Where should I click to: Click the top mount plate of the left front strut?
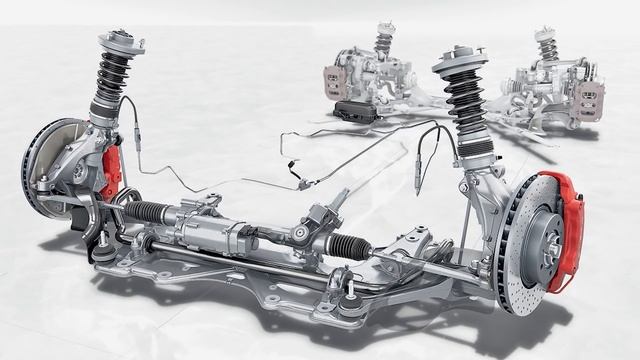[120, 43]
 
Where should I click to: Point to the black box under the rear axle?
[355, 111]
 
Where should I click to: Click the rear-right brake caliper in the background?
[589, 101]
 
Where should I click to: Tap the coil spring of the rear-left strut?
[383, 42]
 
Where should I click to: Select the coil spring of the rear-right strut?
[546, 46]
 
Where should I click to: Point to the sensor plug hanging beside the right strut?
[417, 180]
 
